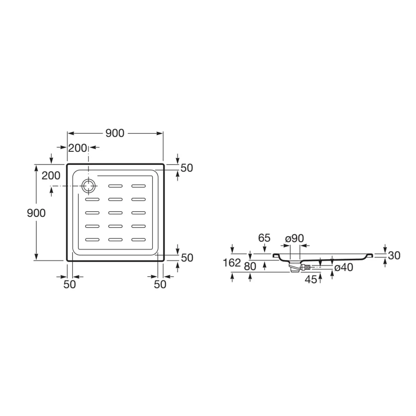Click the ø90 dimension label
[x=294, y=238]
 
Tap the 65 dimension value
[x=264, y=238]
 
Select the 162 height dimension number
[x=232, y=263]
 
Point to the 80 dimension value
[x=250, y=266]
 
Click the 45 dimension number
[x=311, y=279]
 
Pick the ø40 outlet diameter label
[x=344, y=268]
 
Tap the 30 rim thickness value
[x=394, y=255]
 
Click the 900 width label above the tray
[x=115, y=133]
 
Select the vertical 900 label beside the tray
[x=36, y=213]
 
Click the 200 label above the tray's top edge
[x=78, y=148]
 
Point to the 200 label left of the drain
[x=51, y=175]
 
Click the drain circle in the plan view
[x=88, y=180]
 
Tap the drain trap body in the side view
[x=295, y=267]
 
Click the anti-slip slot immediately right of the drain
[x=115, y=186]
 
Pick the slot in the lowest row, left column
[x=93, y=240]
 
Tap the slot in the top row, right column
[x=139, y=186]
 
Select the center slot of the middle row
[x=115, y=213]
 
